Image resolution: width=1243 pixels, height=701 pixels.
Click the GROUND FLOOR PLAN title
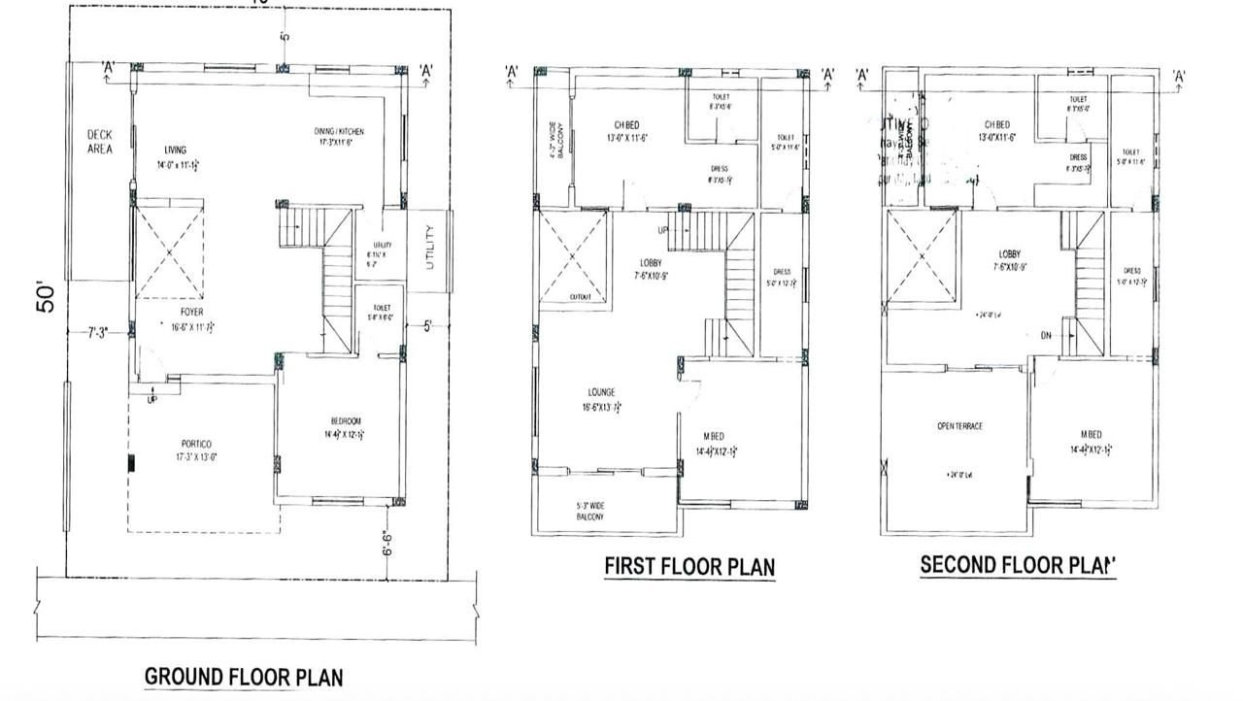pyautogui.click(x=243, y=676)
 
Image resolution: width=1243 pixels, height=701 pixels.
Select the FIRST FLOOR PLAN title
pyautogui.click(x=689, y=565)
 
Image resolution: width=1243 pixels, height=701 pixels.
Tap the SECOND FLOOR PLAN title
pyautogui.click(x=1018, y=564)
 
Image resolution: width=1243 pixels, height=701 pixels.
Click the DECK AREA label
pyautogui.click(x=99, y=142)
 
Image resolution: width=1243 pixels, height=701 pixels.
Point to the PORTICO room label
pyautogui.click(x=196, y=444)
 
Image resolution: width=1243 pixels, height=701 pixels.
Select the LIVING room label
pyautogui.click(x=175, y=150)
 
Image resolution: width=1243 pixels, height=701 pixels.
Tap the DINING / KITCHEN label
pyautogui.click(x=338, y=131)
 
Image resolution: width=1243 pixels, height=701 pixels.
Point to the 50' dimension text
pyautogui.click(x=46, y=297)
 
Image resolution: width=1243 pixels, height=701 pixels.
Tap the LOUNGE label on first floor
pyautogui.click(x=601, y=392)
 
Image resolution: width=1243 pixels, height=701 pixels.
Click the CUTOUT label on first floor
pyautogui.click(x=580, y=297)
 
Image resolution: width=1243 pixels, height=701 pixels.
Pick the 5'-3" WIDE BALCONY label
pyautogui.click(x=589, y=511)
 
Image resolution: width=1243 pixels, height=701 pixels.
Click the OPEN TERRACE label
pyautogui.click(x=959, y=426)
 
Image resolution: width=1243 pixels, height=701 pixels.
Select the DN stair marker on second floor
pyautogui.click(x=1045, y=336)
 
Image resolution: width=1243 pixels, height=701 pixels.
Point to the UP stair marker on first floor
pyautogui.click(x=663, y=230)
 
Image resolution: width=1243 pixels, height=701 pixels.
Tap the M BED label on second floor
pyautogui.click(x=1090, y=434)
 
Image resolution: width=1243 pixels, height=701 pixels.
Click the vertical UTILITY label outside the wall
pyautogui.click(x=429, y=250)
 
